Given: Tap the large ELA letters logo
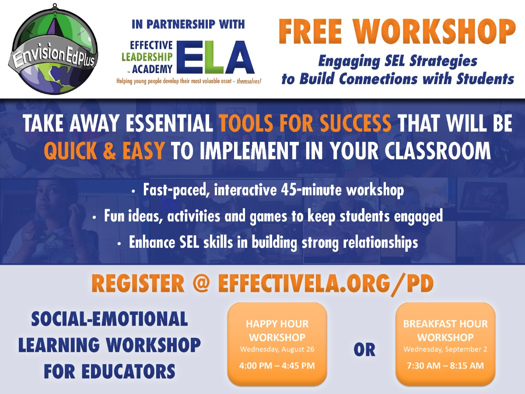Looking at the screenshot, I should [x=217, y=57].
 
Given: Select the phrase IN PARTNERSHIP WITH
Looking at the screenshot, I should [x=188, y=24].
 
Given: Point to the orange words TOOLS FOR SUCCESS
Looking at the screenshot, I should [x=305, y=124].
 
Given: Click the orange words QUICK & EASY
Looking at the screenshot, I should [x=104, y=151].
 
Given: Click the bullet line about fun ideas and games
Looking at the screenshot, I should [x=268, y=216].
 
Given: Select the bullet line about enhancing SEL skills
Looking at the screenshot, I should [x=268, y=242].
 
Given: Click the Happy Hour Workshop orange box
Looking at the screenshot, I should [x=277, y=344].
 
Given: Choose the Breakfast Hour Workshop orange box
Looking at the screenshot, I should [x=445, y=344].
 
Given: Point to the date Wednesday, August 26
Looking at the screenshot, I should [x=277, y=349].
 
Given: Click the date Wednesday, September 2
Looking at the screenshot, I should [x=445, y=349].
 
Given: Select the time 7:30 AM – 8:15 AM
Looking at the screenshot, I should [x=445, y=365].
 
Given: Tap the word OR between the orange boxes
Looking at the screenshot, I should [x=364, y=350].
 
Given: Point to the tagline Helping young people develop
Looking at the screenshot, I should [x=188, y=81].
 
